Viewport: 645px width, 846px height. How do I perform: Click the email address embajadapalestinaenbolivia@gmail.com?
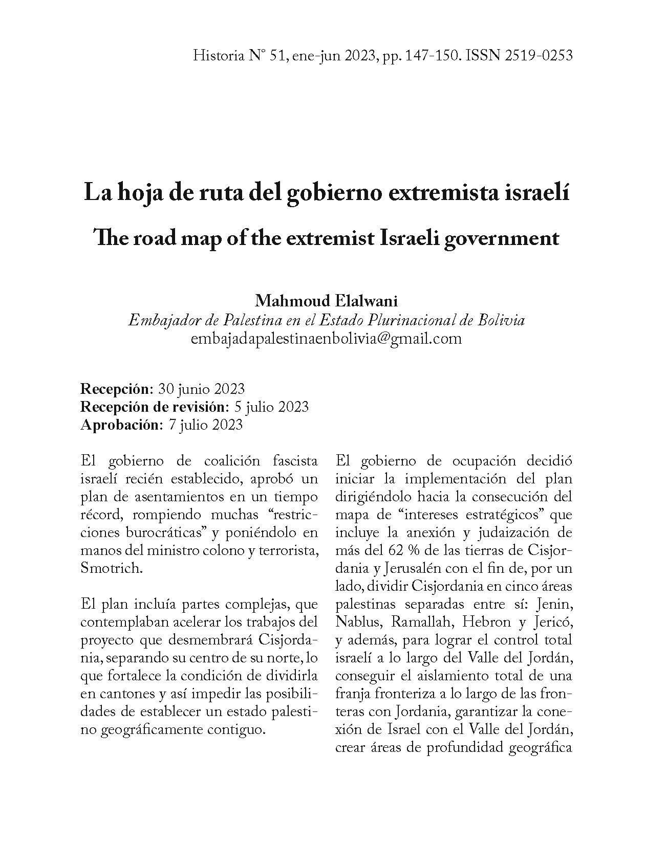[327, 338]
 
